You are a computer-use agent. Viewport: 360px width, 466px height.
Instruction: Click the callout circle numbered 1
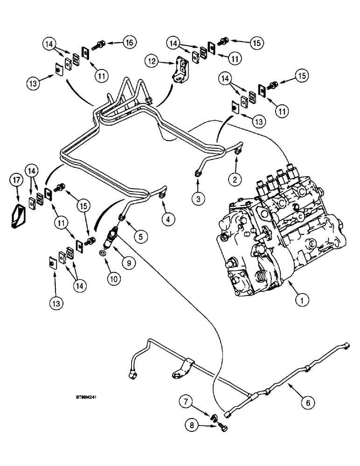click(302, 301)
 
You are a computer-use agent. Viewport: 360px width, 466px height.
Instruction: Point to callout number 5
click(140, 236)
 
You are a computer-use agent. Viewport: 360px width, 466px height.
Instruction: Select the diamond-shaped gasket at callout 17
click(17, 214)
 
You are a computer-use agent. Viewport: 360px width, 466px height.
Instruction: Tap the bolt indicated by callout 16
click(100, 45)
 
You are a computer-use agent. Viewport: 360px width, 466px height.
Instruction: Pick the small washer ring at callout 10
click(102, 254)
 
